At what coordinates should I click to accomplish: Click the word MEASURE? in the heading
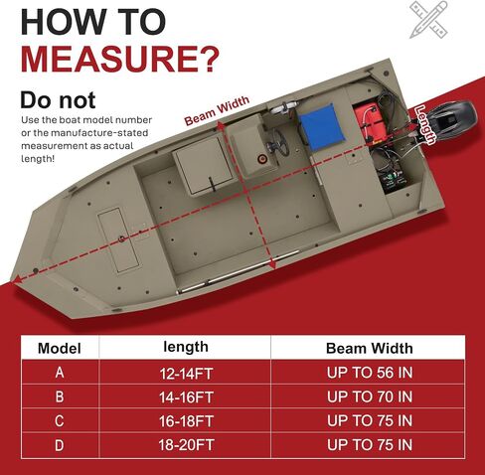tap(120, 59)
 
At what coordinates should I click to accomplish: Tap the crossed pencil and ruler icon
tap(429, 20)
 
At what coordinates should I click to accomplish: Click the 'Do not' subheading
tap(58, 99)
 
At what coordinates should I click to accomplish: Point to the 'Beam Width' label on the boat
tap(217, 110)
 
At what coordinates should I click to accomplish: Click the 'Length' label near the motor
tap(426, 124)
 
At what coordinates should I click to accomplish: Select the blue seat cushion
tap(321, 125)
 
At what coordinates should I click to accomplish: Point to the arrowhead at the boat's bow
tap(17, 280)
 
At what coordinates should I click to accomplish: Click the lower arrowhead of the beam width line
tap(271, 264)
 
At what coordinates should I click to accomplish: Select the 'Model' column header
tap(60, 348)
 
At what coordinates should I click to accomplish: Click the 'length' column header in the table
tap(186, 347)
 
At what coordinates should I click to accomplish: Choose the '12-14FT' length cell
tap(186, 374)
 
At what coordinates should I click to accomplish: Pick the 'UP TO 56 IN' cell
tap(370, 373)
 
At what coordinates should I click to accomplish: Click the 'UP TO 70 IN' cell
tap(370, 396)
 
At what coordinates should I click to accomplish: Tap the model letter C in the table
tap(59, 421)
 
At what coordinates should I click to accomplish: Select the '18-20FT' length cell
tap(186, 445)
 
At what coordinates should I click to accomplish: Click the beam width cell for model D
tap(370, 444)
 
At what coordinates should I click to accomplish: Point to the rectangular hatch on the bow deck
tap(118, 240)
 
